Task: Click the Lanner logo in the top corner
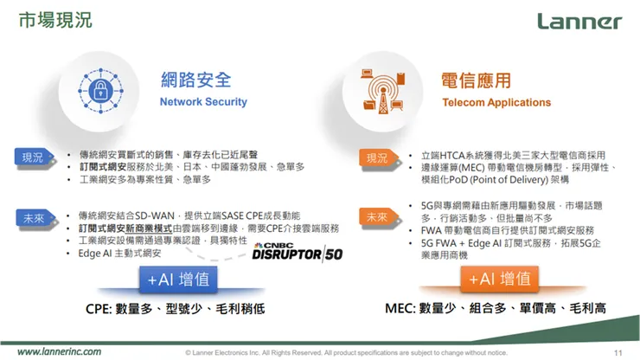[579, 22]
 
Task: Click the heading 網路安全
[196, 80]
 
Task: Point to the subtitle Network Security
[203, 102]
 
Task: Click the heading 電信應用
[477, 80]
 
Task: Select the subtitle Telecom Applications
[496, 102]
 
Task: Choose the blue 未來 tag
[32, 218]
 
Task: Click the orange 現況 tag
[377, 157]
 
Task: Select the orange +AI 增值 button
[499, 279]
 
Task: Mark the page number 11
[618, 352]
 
